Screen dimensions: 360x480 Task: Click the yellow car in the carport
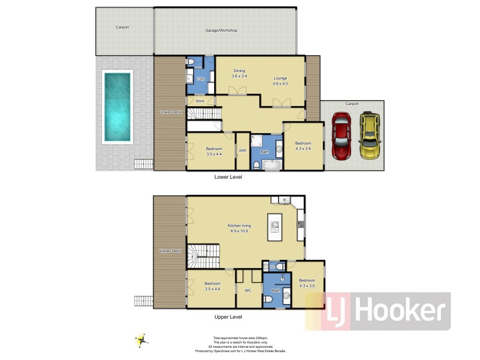(x=369, y=136)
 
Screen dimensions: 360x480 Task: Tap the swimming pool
(x=117, y=106)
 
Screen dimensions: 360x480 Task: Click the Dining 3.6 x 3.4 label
(x=239, y=74)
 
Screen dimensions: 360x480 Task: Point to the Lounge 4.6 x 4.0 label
(x=281, y=80)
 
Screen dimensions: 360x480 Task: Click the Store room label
(x=200, y=101)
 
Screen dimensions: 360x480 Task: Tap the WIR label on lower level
(x=243, y=151)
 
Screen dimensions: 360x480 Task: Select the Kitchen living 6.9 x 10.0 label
(x=239, y=228)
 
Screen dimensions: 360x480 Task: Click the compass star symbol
(x=142, y=340)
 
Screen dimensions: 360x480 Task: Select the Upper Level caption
(x=228, y=316)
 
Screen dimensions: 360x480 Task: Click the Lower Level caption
(x=228, y=177)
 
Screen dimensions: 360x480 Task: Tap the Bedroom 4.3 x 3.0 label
(x=307, y=283)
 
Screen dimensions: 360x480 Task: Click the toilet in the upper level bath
(x=286, y=296)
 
